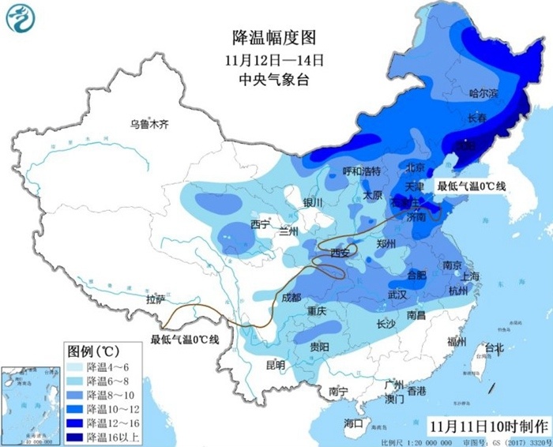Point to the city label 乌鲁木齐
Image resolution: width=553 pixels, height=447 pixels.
pos(150,123)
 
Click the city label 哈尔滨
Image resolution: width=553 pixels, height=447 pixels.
pos(483,93)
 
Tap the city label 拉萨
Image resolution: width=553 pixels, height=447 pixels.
pos(155,299)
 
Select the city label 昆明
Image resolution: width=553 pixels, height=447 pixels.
pos(275,364)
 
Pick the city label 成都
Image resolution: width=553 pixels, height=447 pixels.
pos(292,297)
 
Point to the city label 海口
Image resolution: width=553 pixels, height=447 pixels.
pos(353,423)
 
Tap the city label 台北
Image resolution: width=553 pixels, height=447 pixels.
pos(494,348)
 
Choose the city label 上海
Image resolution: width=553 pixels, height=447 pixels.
pos(469,276)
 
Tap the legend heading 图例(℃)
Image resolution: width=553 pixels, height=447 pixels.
pos(92,350)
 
